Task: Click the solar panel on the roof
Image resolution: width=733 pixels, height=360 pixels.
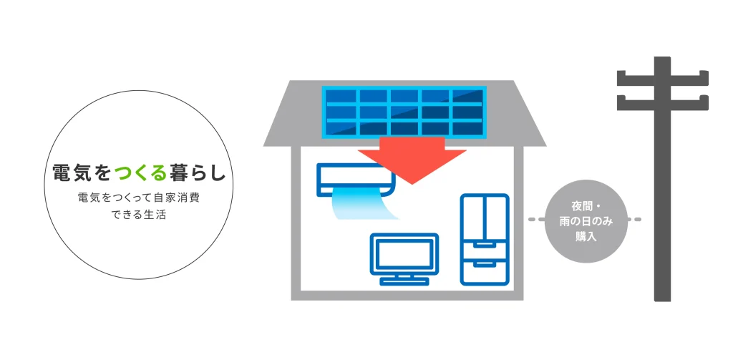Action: point(404,112)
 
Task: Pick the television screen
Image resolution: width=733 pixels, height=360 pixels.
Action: point(404,254)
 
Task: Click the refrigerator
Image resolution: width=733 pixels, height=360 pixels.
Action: point(485,239)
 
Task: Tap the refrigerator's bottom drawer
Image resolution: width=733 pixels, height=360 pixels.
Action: point(485,271)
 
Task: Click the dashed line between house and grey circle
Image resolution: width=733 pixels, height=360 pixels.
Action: point(537,219)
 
